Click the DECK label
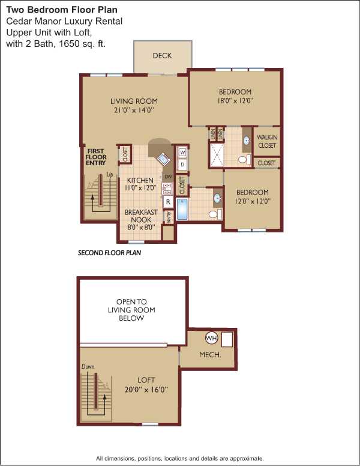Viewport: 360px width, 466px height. (x=162, y=56)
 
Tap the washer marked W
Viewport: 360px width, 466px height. (x=182, y=153)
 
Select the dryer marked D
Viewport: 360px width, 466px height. (x=182, y=165)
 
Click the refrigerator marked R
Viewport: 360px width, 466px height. (x=168, y=202)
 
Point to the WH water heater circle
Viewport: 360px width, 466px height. (x=211, y=338)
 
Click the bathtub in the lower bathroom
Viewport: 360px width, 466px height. (x=182, y=209)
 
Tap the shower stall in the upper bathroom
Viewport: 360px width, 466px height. (x=218, y=155)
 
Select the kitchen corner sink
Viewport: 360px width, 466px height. (x=163, y=159)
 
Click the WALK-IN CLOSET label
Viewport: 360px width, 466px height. (x=267, y=142)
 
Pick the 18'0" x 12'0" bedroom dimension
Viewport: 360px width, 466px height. (x=235, y=101)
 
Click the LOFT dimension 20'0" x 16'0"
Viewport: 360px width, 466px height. (x=146, y=389)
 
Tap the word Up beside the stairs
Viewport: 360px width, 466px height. (x=110, y=175)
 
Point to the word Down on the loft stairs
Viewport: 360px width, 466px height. (x=88, y=366)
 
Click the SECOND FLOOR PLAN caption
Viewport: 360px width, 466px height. (x=109, y=253)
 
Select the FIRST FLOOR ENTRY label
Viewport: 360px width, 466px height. (x=95, y=157)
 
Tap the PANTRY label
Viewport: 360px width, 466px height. (x=169, y=217)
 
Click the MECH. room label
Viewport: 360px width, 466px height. (x=210, y=354)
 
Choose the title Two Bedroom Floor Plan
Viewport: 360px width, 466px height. (x=62, y=10)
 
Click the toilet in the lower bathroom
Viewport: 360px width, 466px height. (x=215, y=214)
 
